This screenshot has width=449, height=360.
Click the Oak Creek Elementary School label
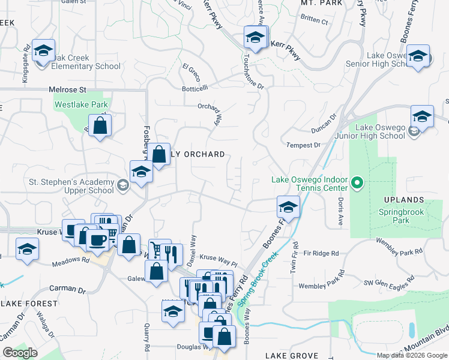[86, 62]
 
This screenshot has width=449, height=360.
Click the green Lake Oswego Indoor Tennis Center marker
[357, 182]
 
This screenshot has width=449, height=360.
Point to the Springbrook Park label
[402, 216]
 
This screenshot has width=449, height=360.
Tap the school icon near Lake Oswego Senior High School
[418, 56]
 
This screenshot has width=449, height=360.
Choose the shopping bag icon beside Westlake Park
[100, 126]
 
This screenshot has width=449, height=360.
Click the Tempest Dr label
[303, 145]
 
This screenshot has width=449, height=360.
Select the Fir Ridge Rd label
[322, 253]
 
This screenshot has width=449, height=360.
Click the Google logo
[20, 353]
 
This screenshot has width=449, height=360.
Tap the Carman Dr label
[67, 289]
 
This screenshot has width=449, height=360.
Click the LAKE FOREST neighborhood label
[29, 304]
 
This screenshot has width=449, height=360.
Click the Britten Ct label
[315, 22]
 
